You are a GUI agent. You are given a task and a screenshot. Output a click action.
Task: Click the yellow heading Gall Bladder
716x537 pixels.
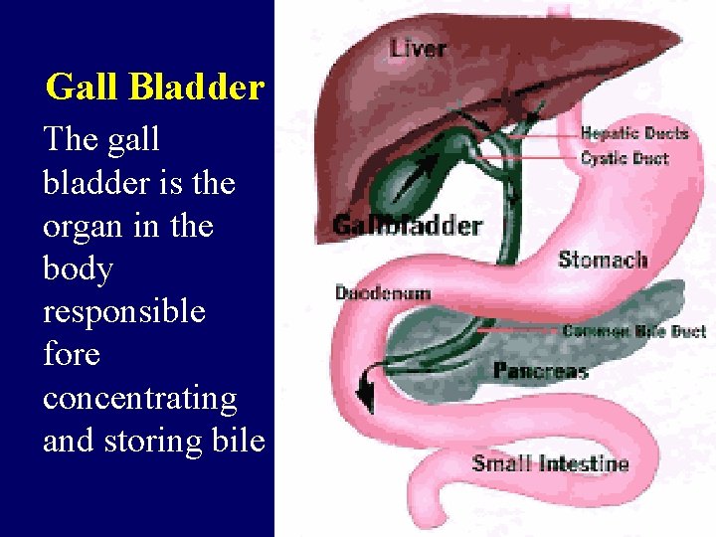154,88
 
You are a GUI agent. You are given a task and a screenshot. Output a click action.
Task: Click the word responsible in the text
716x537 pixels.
123,312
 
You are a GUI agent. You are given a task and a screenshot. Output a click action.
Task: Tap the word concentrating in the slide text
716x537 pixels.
139,398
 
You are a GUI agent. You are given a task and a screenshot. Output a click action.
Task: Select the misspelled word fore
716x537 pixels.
72,355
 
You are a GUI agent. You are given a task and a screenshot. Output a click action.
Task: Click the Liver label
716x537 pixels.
418,47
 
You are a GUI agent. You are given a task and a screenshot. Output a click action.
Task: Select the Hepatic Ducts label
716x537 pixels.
633,133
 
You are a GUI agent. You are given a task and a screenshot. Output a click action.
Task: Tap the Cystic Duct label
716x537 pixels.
624,158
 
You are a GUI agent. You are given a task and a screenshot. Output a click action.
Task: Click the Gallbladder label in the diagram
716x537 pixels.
407,225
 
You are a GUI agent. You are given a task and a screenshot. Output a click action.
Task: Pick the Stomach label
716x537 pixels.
603,260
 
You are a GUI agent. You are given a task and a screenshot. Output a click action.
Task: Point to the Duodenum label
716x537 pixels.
382,293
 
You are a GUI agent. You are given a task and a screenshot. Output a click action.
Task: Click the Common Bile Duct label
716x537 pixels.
633,331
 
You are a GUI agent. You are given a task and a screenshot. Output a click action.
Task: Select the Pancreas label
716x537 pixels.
540,371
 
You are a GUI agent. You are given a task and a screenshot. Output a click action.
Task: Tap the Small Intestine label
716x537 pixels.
550,463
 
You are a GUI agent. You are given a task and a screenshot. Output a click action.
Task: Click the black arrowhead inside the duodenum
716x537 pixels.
367,398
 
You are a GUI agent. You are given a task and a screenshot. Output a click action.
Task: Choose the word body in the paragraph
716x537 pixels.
78,269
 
